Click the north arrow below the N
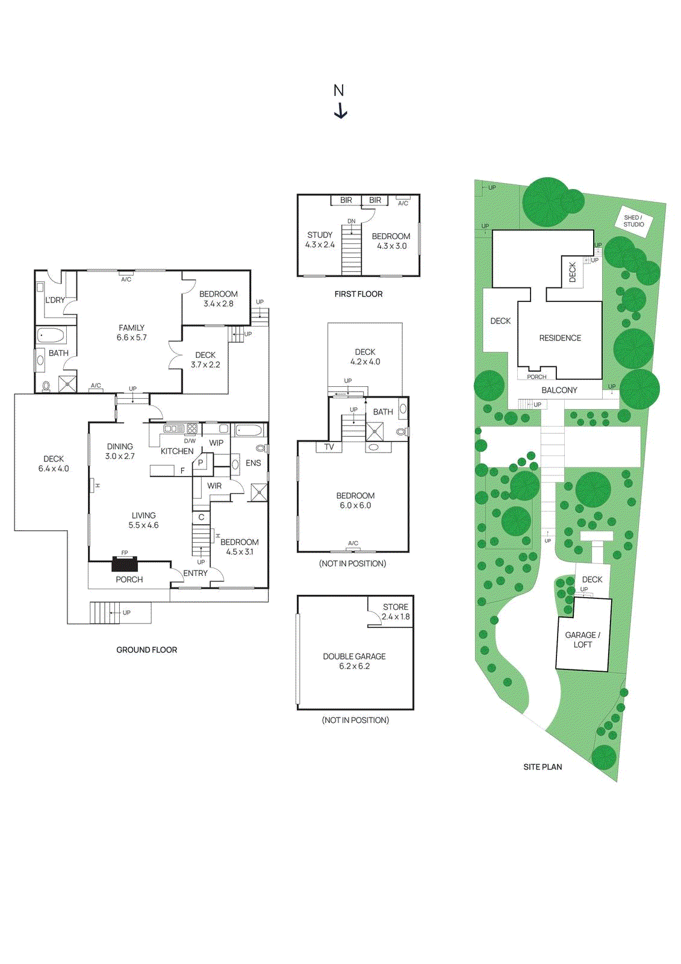point(341,111)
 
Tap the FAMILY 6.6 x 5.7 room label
point(131,333)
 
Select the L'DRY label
point(55,300)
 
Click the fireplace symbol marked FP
point(125,564)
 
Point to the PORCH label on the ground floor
point(129,580)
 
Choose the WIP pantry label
point(216,443)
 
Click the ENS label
point(253,463)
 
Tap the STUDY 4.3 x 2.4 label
point(320,240)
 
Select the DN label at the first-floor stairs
point(352,222)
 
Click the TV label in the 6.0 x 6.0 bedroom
point(329,447)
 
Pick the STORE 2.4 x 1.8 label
point(396,612)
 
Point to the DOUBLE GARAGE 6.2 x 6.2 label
point(354,661)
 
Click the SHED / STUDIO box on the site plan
point(633,221)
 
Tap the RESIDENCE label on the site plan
point(560,338)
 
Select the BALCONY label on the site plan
point(559,390)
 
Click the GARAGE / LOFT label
point(582,640)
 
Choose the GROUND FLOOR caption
point(146,650)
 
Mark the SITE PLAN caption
point(543,767)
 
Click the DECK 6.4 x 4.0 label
point(54,463)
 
